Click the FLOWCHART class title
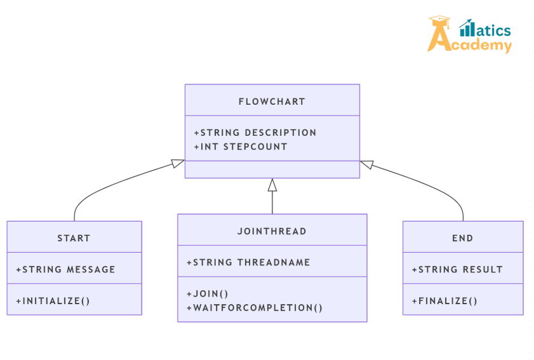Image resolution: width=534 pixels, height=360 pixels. click(272, 102)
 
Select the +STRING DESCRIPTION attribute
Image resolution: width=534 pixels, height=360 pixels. click(255, 133)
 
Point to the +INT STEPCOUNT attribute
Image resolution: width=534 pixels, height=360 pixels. click(241, 147)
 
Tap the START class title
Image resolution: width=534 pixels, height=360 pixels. click(74, 238)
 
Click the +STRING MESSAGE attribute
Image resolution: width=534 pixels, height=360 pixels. click(65, 269)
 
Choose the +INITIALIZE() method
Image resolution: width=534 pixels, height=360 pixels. click(53, 301)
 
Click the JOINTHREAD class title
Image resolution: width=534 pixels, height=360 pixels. click(272, 231)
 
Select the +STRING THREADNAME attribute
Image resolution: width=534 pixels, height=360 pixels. click(248, 262)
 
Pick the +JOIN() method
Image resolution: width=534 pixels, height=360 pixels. click(207, 293)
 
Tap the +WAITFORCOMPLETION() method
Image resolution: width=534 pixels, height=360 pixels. click(254, 308)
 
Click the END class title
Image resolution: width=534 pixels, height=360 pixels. click(462, 238)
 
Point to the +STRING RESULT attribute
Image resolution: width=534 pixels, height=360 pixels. click(457, 269)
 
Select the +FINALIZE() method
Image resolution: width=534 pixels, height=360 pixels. click(444, 301)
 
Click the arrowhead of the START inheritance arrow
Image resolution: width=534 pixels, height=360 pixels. click(178, 163)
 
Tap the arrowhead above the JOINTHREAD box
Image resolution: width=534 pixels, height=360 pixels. click(272, 185)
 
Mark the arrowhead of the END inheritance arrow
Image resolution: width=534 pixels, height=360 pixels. click(367, 164)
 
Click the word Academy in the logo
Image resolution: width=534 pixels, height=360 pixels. click(481, 45)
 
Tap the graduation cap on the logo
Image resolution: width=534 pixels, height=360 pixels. click(439, 20)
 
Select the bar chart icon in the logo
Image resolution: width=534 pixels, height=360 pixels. click(466, 28)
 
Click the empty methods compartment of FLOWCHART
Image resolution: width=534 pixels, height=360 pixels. click(272, 170)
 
